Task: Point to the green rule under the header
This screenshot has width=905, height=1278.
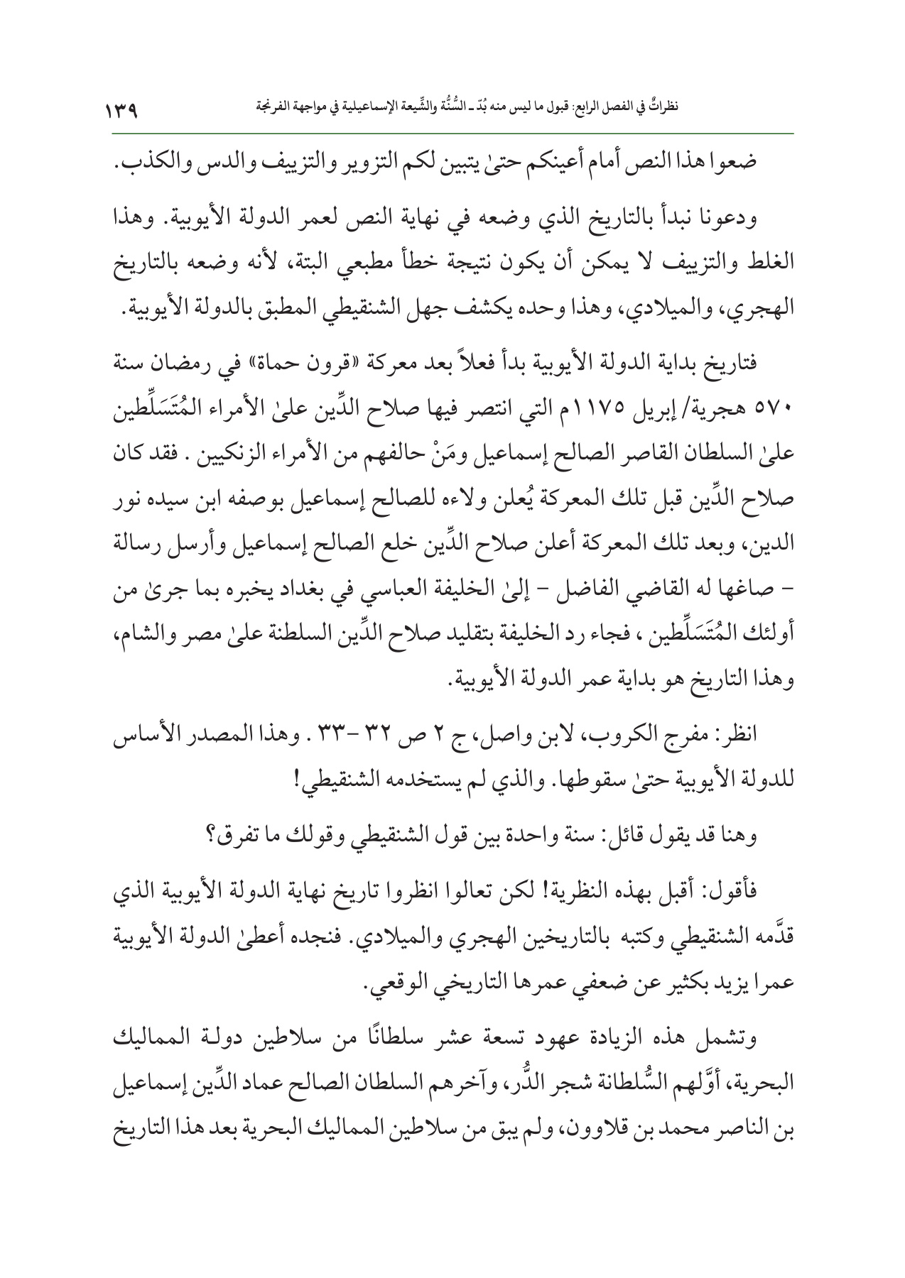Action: pos(453,132)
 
